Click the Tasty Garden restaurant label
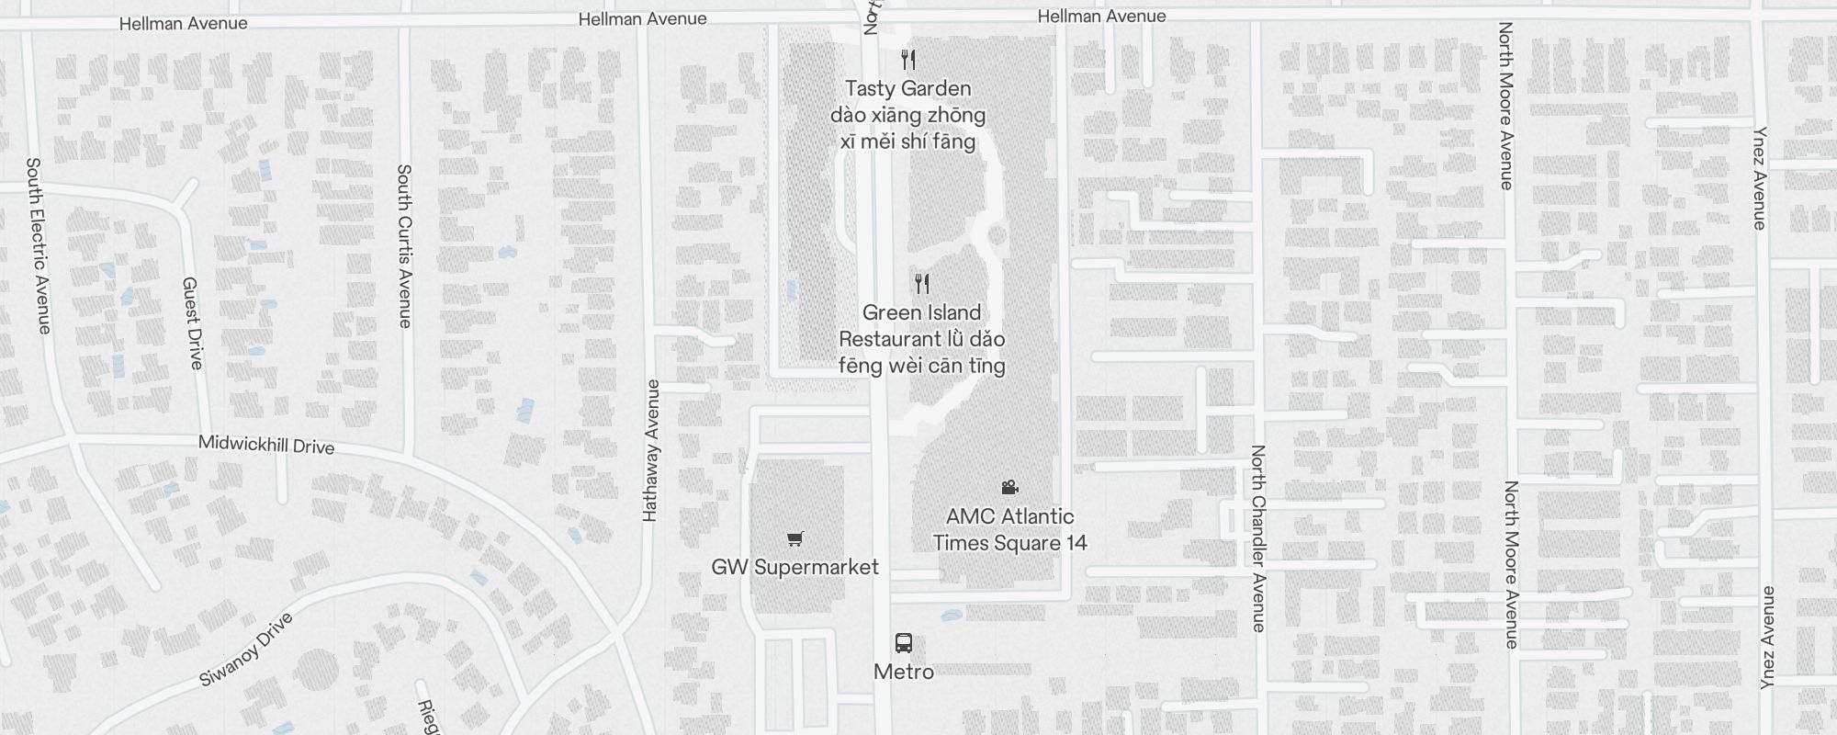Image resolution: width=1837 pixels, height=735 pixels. click(907, 115)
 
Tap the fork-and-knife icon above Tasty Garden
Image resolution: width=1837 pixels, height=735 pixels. click(908, 60)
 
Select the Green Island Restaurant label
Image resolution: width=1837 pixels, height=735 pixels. click(921, 339)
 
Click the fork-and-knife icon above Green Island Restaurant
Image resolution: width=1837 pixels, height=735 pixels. click(922, 283)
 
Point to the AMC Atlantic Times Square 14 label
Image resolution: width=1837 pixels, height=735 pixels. click(1009, 529)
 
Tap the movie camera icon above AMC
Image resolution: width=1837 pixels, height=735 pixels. click(1009, 487)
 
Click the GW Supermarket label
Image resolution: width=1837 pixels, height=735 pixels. click(795, 567)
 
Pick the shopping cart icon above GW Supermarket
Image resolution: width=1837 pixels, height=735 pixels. click(795, 539)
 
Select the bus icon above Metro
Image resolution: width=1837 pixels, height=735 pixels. click(903, 643)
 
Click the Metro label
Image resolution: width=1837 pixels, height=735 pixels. click(903, 672)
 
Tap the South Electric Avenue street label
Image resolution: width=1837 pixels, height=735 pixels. click(38, 245)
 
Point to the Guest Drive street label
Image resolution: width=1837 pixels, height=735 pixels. click(192, 323)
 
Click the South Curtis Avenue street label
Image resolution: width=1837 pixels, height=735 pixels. click(404, 245)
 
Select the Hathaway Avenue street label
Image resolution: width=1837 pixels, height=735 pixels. click(651, 450)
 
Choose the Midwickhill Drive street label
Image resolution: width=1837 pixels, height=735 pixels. click(266, 446)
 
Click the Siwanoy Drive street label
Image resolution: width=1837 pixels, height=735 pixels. click(246, 650)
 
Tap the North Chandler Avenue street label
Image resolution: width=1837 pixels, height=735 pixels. click(1257, 538)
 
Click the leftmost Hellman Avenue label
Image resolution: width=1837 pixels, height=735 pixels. click(183, 23)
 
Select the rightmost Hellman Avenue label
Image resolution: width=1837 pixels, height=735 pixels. click(1101, 17)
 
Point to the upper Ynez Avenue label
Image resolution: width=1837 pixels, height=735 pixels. click(1760, 178)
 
